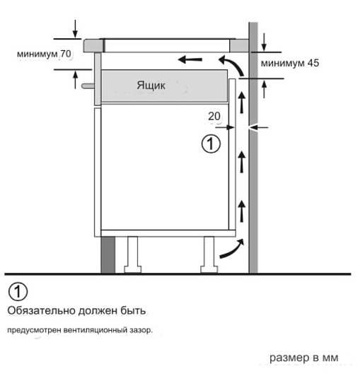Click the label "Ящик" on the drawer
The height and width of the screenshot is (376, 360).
pos(151,86)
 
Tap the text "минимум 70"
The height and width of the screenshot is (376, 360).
pos(44,54)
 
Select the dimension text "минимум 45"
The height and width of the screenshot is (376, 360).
pos(290,63)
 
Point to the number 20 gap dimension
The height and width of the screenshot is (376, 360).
pos(214,117)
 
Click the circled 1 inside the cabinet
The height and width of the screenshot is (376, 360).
pos(211,144)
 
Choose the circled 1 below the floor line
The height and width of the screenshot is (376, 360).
pos(18,291)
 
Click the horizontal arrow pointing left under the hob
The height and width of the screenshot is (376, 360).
pos(190,59)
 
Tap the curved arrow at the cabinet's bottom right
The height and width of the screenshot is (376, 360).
pos(232,249)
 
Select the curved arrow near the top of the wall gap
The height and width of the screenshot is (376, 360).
pos(232,65)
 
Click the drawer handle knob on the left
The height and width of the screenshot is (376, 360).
pos(88,86)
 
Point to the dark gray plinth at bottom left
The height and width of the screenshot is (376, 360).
pos(108,255)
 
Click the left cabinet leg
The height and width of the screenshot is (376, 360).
pos(132,255)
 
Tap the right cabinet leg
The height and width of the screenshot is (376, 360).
pos(209,255)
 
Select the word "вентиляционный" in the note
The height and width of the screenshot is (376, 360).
pos(95,330)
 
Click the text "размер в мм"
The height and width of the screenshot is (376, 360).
pos(304,358)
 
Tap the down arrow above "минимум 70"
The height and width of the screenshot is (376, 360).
pos(76,29)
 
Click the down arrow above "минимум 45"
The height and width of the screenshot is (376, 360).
pos(264,42)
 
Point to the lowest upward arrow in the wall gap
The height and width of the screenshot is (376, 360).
pos(242,211)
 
